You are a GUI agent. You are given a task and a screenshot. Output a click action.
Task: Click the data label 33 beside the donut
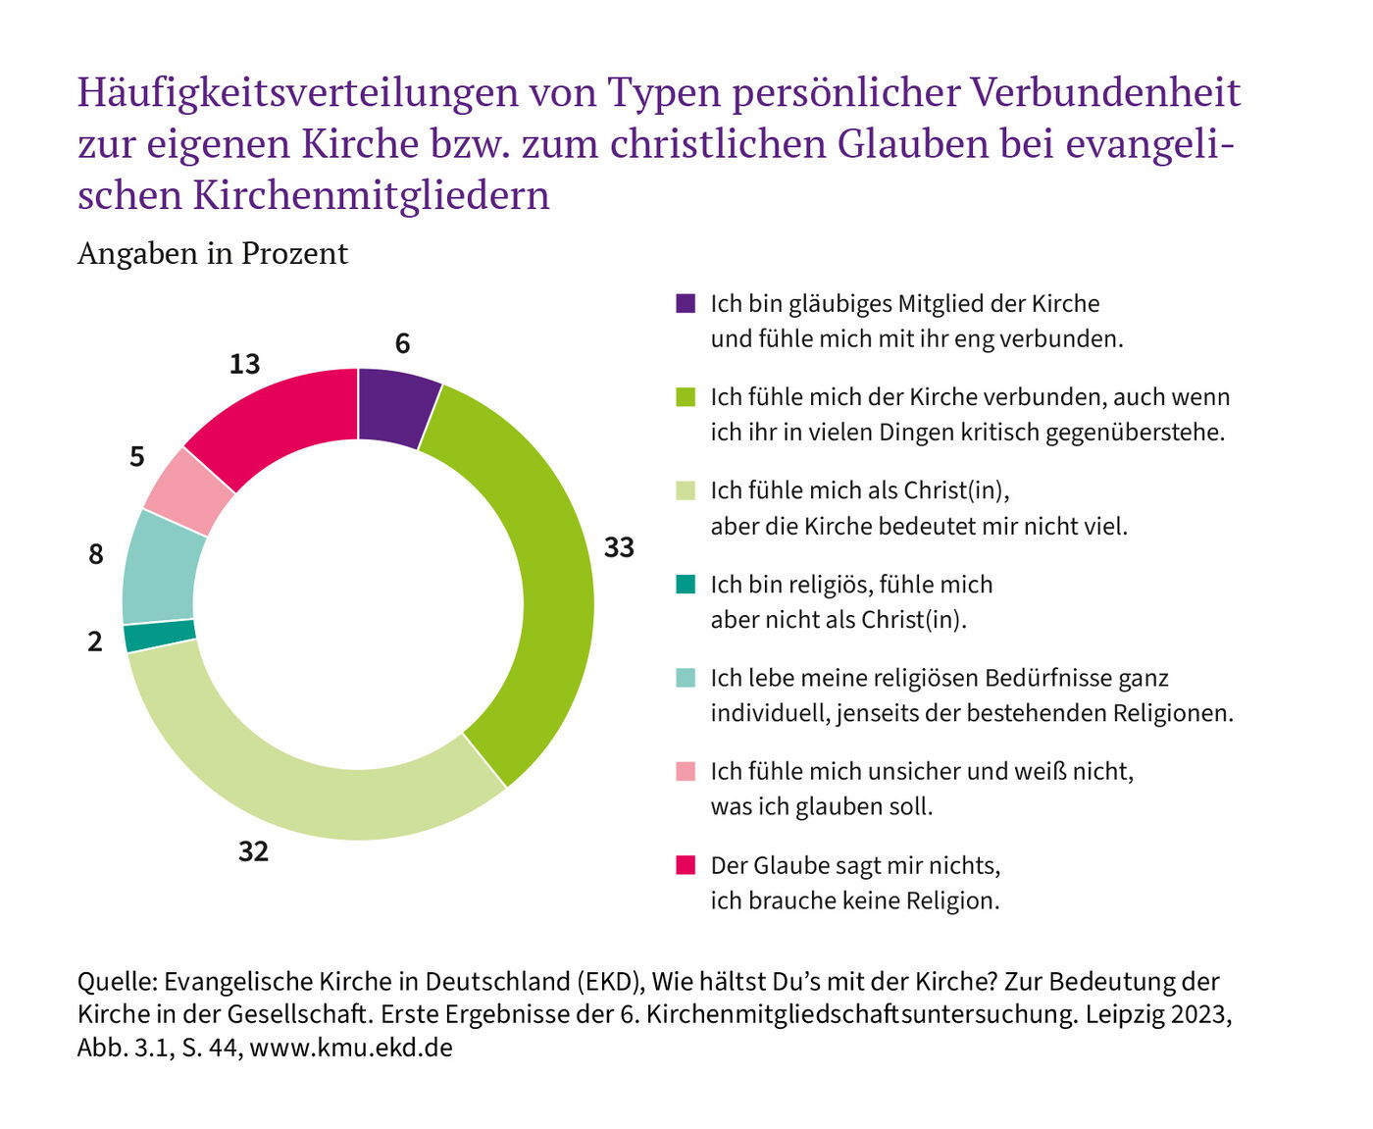619,547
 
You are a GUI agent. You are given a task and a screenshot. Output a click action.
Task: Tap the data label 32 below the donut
253,851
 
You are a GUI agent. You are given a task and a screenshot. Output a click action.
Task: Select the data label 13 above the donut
244,364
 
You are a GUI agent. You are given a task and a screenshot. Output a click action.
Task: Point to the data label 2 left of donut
95,641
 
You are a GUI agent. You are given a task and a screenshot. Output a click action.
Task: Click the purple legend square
686,303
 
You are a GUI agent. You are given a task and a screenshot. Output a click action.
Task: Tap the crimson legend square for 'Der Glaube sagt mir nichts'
686,864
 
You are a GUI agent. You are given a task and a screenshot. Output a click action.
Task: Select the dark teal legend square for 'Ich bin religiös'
686,584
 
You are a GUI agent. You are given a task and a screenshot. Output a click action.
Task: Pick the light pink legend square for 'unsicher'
686,771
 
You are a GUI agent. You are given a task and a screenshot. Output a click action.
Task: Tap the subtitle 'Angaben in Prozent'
213,253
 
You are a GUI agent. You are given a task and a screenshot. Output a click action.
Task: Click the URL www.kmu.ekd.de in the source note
351,1047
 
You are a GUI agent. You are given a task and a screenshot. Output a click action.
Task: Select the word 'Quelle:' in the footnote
117,981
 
